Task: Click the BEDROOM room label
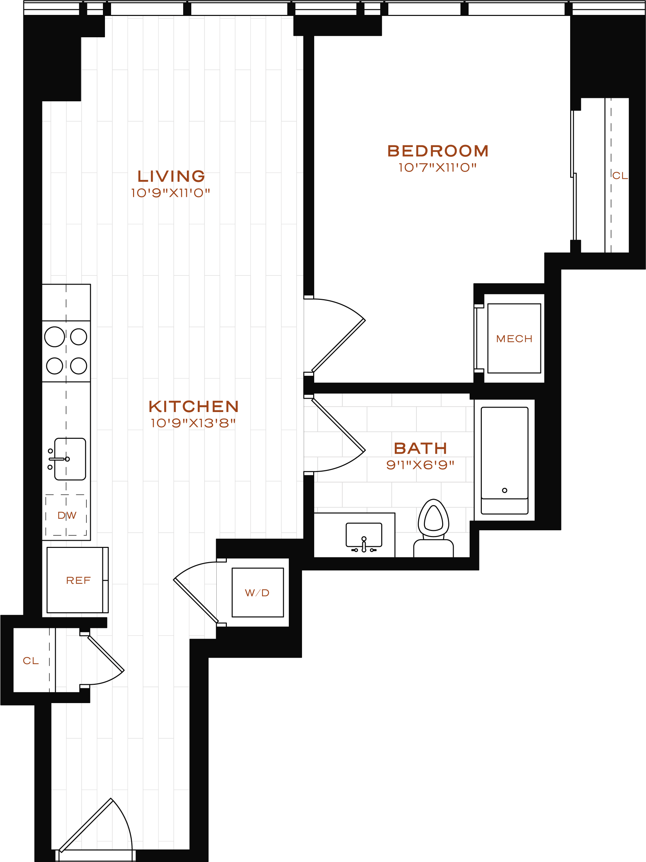pyautogui.click(x=438, y=151)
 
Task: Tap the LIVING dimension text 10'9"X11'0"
pyautogui.click(x=171, y=193)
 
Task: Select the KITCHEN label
pyautogui.click(x=194, y=407)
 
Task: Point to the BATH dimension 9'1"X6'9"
pyautogui.click(x=420, y=465)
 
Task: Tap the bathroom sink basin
pyautogui.click(x=364, y=534)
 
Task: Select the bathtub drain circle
pyautogui.click(x=505, y=490)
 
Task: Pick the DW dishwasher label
pyautogui.click(x=67, y=516)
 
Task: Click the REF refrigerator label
pyautogui.click(x=78, y=580)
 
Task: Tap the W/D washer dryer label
pyautogui.click(x=257, y=593)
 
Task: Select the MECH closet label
pyautogui.click(x=514, y=338)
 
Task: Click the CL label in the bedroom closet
pyautogui.click(x=620, y=176)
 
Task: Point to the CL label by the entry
pyautogui.click(x=31, y=660)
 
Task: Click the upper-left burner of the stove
pyautogui.click(x=55, y=337)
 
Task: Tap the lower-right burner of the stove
pyautogui.click(x=79, y=366)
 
